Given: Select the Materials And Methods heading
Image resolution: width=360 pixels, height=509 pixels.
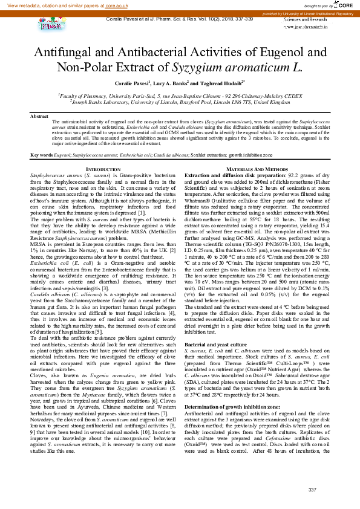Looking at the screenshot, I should pyautogui.click(x=257, y=169).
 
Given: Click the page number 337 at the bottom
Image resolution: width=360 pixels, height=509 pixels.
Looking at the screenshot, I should pyautogui.click(x=312, y=489).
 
